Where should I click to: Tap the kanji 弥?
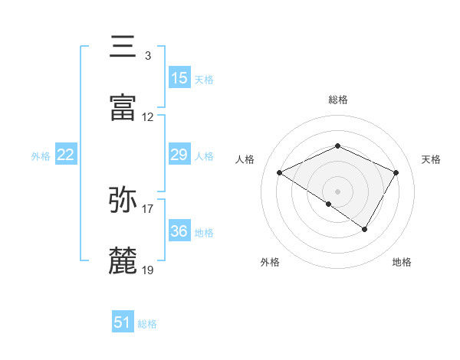point(124,201)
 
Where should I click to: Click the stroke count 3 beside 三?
point(147,56)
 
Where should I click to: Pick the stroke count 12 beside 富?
point(148,118)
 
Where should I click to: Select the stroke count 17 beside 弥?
point(148,208)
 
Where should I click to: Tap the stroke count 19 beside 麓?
point(148,270)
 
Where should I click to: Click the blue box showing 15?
point(179,77)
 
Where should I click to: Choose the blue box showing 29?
point(179,155)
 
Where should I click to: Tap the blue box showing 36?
point(179,231)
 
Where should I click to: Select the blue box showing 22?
point(66,155)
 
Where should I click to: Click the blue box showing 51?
point(123,322)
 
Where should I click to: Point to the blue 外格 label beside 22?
point(41,156)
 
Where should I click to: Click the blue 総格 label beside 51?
point(147,324)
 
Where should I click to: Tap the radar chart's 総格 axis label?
point(337,100)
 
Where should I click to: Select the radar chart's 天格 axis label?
point(431,159)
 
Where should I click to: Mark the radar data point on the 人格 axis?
point(280,173)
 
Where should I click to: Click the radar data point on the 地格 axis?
point(365,229)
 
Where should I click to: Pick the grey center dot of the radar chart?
point(337,191)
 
